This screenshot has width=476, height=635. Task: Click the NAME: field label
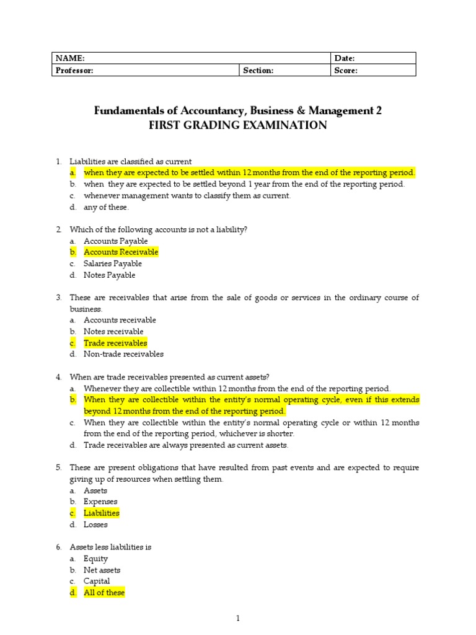[70, 58]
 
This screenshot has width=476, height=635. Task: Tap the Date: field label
[345, 58]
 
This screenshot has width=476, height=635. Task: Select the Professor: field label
[75, 71]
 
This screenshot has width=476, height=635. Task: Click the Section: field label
[258, 71]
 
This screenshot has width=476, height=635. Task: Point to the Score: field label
[346, 71]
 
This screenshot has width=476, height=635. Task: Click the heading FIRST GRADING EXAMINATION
[238, 125]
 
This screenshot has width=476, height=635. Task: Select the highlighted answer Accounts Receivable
[121, 252]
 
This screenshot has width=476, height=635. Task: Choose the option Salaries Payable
[109, 264]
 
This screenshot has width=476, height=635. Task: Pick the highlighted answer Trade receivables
[115, 343]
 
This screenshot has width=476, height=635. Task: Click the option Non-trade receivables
[123, 354]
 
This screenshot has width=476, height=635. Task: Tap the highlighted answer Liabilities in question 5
[102, 513]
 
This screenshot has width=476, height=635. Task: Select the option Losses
[95, 525]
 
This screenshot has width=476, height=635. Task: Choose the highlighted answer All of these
[104, 593]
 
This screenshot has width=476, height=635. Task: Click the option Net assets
[102, 570]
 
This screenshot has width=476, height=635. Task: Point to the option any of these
[106, 207]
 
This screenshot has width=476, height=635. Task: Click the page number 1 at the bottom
[238, 618]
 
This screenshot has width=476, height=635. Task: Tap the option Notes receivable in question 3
[113, 332]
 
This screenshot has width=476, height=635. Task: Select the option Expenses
[100, 502]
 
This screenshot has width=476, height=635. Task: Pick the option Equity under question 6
[95, 559]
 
